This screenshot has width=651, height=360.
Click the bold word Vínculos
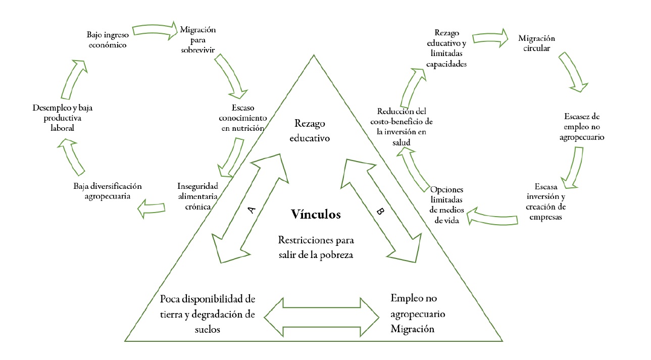pyautogui.click(x=316, y=215)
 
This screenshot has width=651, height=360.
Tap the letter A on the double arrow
pyautogui.click(x=253, y=210)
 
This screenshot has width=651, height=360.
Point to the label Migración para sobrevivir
pyautogui.click(x=198, y=39)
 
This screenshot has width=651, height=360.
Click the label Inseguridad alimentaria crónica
pyautogui.click(x=198, y=195)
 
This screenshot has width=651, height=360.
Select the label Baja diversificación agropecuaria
pyautogui.click(x=108, y=191)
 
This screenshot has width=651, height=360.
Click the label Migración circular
pyautogui.click(x=537, y=43)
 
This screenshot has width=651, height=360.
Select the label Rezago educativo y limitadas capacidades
pyautogui.click(x=446, y=49)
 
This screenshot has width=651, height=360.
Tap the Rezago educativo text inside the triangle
pyautogui.click(x=310, y=130)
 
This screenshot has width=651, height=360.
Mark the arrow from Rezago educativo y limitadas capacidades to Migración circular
pyautogui.click(x=490, y=38)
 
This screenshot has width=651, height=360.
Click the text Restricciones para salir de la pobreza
pyautogui.click(x=316, y=247)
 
